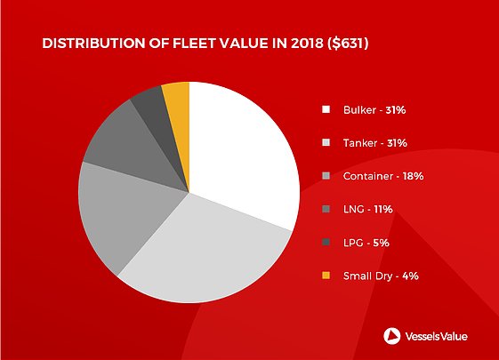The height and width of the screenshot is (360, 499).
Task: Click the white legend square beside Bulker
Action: click(326, 109)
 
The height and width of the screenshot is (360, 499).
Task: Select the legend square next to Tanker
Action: click(326, 142)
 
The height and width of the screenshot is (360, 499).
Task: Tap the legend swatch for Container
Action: click(326, 175)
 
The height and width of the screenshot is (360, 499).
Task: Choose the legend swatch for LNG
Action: click(326, 209)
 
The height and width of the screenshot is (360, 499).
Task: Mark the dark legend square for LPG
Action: click(326, 243)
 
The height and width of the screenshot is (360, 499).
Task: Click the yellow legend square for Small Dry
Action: click(326, 276)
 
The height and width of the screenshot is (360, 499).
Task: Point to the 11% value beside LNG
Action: click(383, 209)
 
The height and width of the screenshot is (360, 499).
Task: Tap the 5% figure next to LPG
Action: click(381, 243)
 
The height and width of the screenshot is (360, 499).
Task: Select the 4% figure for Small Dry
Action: click(410, 276)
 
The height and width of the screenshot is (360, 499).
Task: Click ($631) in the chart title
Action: click(348, 44)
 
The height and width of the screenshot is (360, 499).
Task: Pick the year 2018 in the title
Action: click(307, 44)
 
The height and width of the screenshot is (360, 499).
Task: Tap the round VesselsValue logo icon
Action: click(392, 336)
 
